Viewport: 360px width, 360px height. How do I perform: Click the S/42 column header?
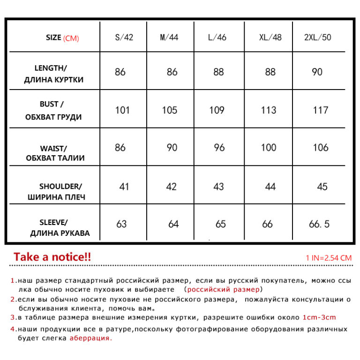tap(124, 37)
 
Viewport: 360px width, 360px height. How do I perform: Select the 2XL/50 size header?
tap(317, 37)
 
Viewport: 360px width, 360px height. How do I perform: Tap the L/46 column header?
tap(217, 37)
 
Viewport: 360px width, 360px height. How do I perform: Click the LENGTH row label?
tap(54, 74)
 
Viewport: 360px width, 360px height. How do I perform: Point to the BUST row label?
tap(53, 111)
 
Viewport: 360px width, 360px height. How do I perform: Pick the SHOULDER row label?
tap(57, 191)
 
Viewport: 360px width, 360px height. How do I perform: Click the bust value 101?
tap(122, 111)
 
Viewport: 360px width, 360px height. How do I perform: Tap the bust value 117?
tap(321, 111)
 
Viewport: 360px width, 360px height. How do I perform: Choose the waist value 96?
tap(219, 148)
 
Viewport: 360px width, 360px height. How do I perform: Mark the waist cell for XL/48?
tap(269, 148)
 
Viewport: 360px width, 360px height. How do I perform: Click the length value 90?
tap(317, 72)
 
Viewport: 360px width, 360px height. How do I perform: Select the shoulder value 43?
tap(218, 187)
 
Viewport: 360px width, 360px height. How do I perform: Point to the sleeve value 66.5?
tap(319, 224)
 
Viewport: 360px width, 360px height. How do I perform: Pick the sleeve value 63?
tap(121, 224)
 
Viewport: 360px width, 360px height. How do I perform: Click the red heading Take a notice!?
tap(52, 257)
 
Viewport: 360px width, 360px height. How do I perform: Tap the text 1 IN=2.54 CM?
tap(328, 258)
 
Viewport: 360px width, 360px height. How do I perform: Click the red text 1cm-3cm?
tap(319, 317)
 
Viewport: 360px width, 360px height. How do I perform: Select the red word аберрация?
tap(91, 337)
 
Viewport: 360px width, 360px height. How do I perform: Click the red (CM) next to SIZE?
tap(71, 38)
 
